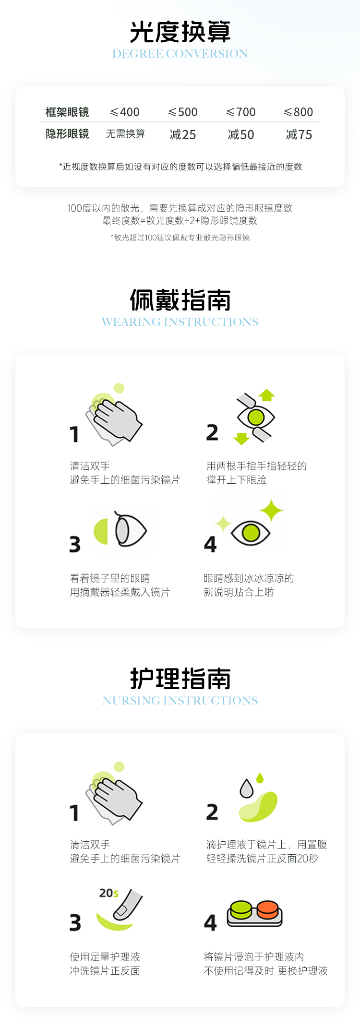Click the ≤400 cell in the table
125,112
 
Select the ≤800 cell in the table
298,112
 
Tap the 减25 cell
183,135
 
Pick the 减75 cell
299,135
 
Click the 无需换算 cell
125,134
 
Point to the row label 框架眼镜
67,112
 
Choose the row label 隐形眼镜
67,134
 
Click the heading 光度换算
180,32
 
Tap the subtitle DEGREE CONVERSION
180,54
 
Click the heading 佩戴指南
180,300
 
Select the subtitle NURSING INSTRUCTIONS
180,701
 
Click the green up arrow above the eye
267,395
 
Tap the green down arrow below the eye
241,439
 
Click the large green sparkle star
272,510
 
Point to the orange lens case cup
267,909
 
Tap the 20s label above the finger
109,893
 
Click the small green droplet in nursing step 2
260,777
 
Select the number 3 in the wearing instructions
75,544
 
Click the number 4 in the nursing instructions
210,922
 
